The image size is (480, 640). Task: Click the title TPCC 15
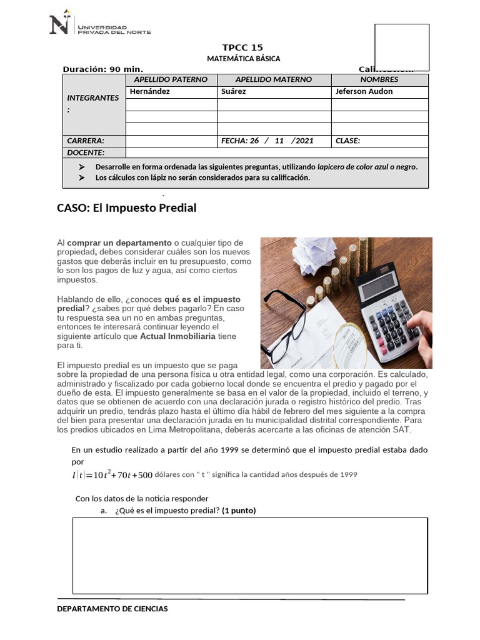242,47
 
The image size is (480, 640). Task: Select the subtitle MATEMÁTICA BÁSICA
243,59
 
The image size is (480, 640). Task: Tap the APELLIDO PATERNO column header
171,79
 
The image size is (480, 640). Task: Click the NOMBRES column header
379,79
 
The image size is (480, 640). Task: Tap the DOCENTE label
86,152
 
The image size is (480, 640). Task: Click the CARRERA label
86,141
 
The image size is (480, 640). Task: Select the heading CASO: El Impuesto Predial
127,208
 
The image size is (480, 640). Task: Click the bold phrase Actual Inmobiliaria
177,336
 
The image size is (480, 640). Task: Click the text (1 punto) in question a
239,511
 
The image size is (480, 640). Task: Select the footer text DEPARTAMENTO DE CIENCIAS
112,609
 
